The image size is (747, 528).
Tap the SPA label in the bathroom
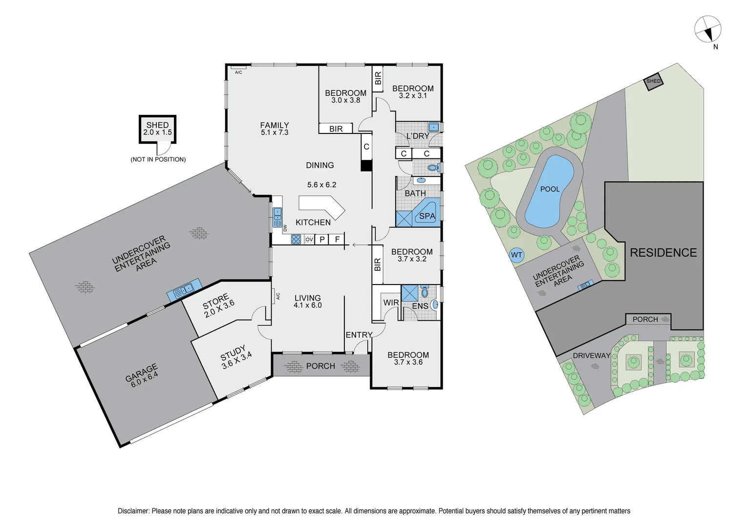pos(427,216)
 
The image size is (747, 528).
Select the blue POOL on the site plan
pos(549,191)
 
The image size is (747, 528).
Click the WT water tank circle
pos(516,255)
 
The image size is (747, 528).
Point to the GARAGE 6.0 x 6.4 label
pos(142,375)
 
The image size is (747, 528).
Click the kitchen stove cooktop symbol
pos(296,239)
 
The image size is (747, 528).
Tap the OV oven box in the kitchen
pos(309,240)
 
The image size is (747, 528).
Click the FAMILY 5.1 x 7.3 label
pos(274,129)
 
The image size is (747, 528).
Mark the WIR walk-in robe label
pos(391,303)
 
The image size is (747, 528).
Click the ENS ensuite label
pos(420,306)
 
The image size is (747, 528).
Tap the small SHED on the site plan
pos(653,81)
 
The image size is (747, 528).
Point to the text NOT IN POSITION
pos(158,159)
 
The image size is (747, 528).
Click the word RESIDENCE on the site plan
pos(663,253)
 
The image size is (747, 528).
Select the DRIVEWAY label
pos(591,355)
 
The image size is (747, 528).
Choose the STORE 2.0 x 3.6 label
pos(218,306)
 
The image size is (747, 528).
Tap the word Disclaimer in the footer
pos(133,511)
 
